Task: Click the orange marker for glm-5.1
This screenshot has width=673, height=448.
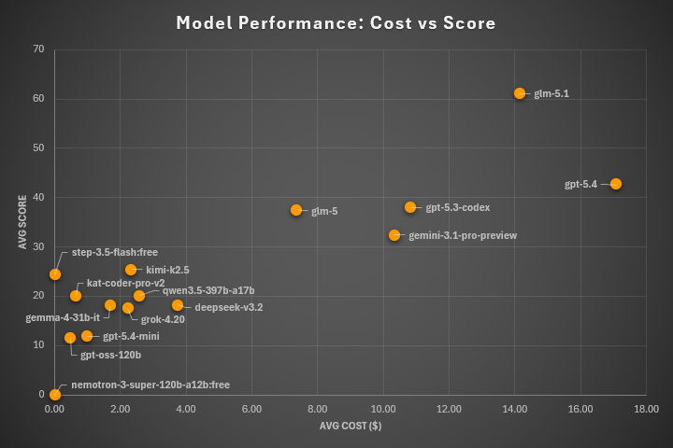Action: (520, 93)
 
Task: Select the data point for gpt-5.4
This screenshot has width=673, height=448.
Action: (615, 184)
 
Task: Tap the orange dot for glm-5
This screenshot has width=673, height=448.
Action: (296, 210)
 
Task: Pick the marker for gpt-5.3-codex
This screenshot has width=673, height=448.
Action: (410, 207)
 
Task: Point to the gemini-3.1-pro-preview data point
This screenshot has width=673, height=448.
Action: (394, 235)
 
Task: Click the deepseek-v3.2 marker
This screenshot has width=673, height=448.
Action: (178, 305)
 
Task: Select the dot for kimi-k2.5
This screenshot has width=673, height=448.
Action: (131, 270)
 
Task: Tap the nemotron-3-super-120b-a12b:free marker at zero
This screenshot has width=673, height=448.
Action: (55, 395)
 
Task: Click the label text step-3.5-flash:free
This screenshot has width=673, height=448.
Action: (115, 253)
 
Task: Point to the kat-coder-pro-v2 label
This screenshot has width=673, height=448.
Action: (125, 283)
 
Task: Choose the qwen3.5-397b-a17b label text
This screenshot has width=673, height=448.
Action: (208, 291)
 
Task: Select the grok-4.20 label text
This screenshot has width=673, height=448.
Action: (163, 319)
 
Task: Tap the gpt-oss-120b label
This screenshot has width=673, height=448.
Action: (110, 355)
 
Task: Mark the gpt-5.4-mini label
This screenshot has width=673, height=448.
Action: (131, 336)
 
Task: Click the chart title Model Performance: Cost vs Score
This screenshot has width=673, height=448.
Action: (336, 21)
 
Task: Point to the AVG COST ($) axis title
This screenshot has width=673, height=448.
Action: (350, 427)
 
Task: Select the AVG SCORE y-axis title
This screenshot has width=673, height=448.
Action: (21, 221)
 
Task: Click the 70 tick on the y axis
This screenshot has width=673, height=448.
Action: (38, 49)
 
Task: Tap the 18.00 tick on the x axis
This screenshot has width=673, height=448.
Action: (646, 409)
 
